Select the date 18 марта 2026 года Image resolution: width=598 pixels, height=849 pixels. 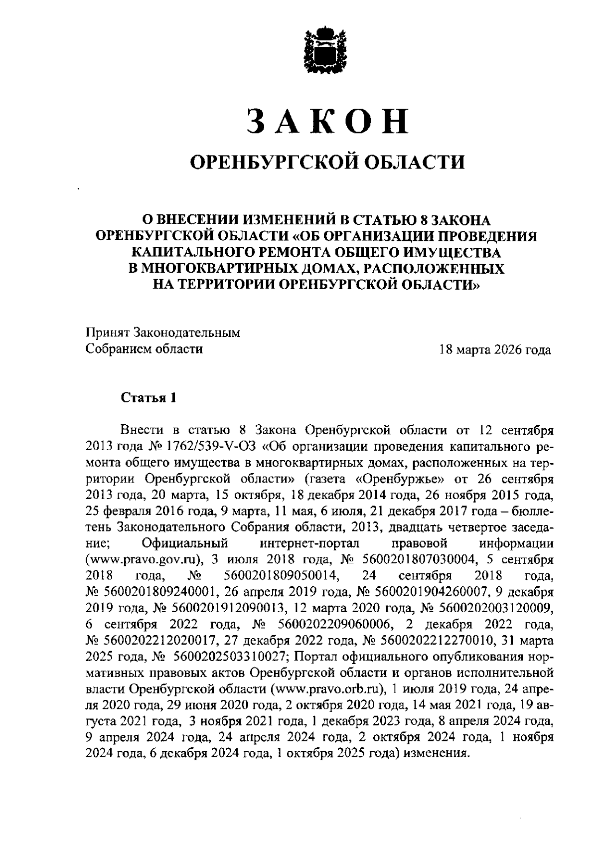coord(495,349)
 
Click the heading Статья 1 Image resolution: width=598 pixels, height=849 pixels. coord(148,398)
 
